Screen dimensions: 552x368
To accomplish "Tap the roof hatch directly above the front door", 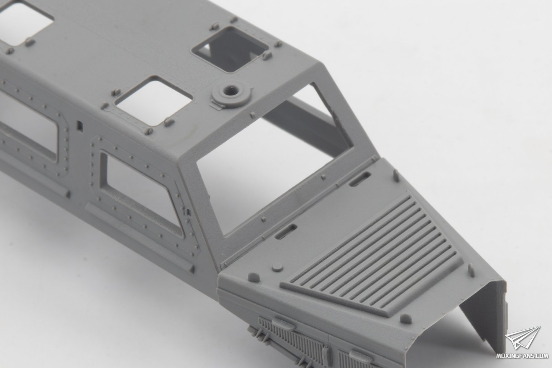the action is (x=154, y=101).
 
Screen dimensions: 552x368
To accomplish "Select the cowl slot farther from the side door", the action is (x=360, y=179).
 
